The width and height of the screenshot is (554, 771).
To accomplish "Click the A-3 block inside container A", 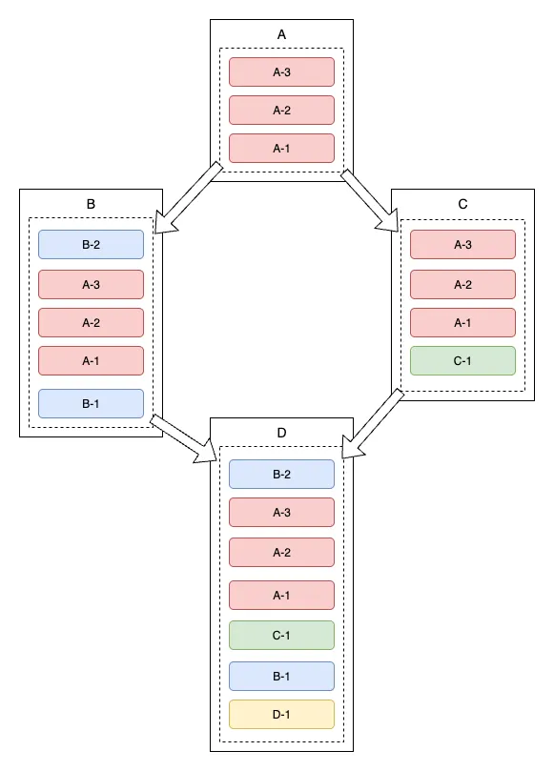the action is (x=281, y=71).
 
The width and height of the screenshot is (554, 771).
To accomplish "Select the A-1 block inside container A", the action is (x=281, y=148).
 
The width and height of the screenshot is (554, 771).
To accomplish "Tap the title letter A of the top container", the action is (x=281, y=34).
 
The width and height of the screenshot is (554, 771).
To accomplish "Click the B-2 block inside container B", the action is (x=91, y=244).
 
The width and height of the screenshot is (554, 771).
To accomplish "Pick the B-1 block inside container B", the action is (x=91, y=404).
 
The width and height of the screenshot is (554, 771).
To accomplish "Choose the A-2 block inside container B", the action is (x=91, y=322).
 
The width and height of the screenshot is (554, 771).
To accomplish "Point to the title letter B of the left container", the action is (x=91, y=204).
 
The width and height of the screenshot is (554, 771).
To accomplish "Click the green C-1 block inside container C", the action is (x=463, y=361).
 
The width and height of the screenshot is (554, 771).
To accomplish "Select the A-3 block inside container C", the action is (x=463, y=244).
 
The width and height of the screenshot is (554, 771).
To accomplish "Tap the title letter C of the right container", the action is (x=463, y=204).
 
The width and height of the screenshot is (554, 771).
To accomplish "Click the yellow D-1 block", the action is (x=281, y=715).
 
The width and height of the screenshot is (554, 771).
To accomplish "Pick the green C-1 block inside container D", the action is (x=281, y=636).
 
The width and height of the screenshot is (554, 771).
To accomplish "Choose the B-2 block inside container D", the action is (x=281, y=474).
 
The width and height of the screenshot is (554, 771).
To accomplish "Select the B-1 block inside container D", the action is (x=281, y=676).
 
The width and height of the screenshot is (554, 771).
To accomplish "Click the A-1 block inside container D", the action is (x=281, y=596).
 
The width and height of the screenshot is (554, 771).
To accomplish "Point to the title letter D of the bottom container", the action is (x=281, y=433).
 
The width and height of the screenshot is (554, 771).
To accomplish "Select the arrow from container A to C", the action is (x=370, y=200).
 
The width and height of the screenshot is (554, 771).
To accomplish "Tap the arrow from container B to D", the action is (x=183, y=438).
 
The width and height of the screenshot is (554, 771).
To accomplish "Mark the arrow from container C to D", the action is (x=373, y=423).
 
